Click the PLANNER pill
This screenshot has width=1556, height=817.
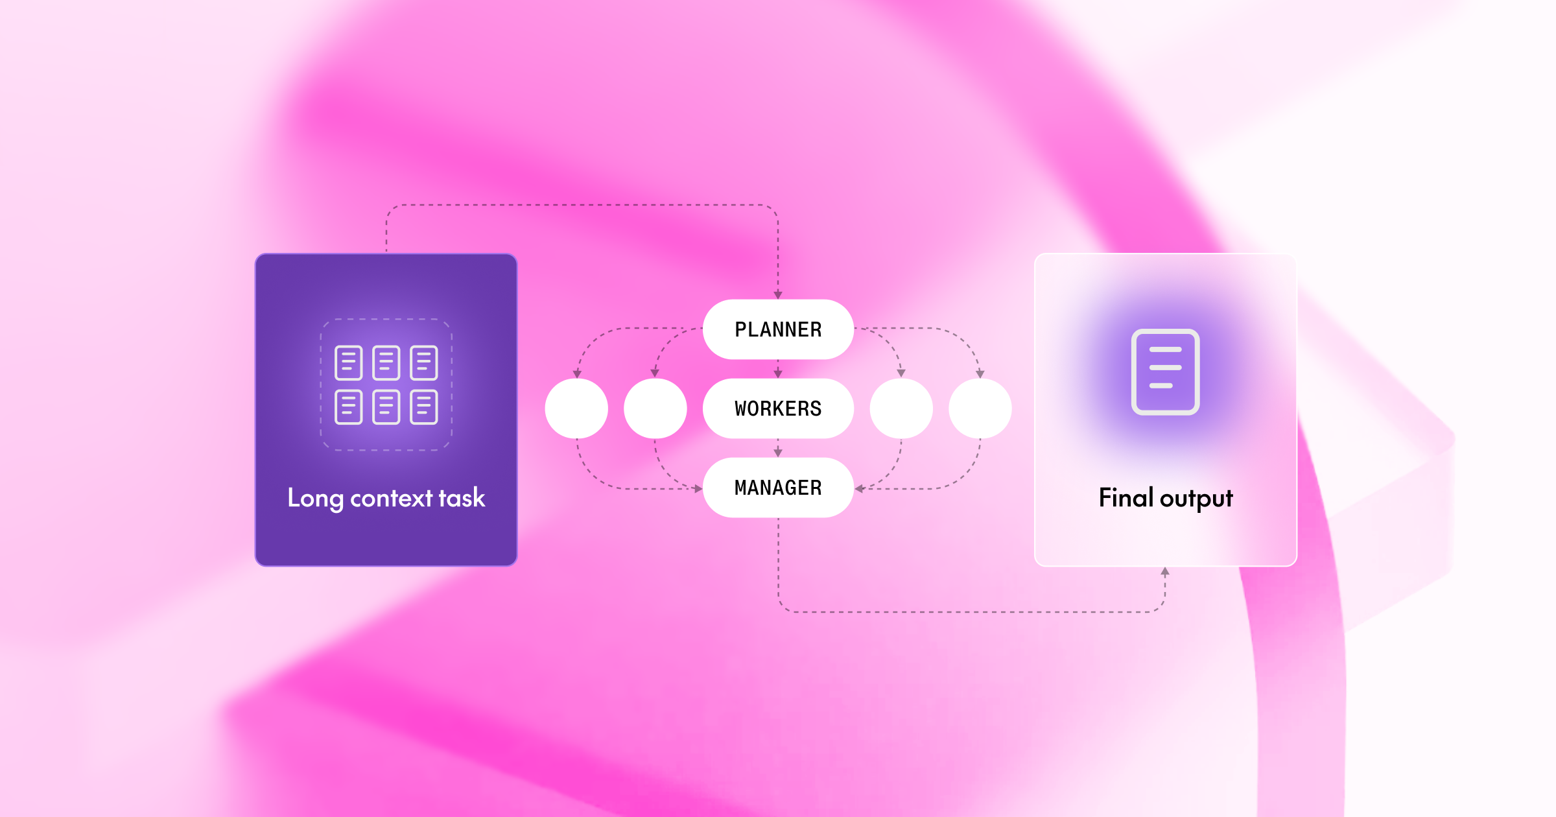pyautogui.click(x=778, y=329)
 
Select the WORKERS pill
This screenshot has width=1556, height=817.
pyautogui.click(x=778, y=408)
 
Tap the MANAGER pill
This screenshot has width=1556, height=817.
pyautogui.click(x=778, y=488)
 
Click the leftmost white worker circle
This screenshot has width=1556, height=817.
pyautogui.click(x=576, y=408)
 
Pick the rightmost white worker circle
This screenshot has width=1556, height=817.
pyautogui.click(x=980, y=408)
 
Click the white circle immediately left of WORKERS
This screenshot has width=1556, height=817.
pyautogui.click(x=655, y=408)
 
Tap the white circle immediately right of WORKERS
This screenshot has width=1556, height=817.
pyautogui.click(x=901, y=408)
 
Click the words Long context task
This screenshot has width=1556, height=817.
pyautogui.click(x=386, y=498)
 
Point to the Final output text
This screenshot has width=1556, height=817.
pyautogui.click(x=1166, y=498)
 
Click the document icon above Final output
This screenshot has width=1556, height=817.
pyautogui.click(x=1165, y=372)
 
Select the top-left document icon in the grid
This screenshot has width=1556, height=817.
pyautogui.click(x=348, y=362)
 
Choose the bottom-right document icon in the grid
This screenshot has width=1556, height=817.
pyautogui.click(x=424, y=407)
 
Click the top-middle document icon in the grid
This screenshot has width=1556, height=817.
pyautogui.click(x=386, y=362)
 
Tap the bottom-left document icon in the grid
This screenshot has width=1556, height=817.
pyautogui.click(x=348, y=407)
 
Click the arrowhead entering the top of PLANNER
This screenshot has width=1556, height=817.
pyautogui.click(x=778, y=295)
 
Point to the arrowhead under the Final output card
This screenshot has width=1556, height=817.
pyautogui.click(x=1165, y=572)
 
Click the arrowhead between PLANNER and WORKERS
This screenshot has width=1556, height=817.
pyautogui.click(x=778, y=373)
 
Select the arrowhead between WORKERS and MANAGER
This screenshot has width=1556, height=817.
pyautogui.click(x=778, y=453)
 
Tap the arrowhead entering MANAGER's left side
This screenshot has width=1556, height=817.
pyautogui.click(x=698, y=488)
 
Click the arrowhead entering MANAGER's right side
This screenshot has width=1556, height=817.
pyautogui.click(x=859, y=488)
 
